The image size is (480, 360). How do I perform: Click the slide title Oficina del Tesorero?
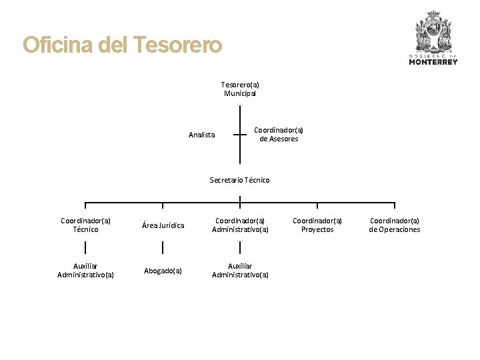[122, 45]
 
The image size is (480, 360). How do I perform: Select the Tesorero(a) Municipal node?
[240, 89]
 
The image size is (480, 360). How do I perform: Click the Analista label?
[201, 135]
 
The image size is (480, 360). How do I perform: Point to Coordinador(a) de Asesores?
[279, 135]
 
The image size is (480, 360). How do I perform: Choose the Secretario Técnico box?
[239, 180]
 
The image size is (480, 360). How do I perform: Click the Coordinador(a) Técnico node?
[85, 225]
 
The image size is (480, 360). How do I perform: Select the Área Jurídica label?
[163, 225]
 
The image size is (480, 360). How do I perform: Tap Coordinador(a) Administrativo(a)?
[240, 225]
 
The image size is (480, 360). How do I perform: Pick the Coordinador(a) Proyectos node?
[317, 225]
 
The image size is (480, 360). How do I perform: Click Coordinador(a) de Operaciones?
[395, 225]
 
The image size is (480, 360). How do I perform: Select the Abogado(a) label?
[163, 271]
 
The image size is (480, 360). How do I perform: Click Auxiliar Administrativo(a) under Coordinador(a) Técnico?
[85, 270]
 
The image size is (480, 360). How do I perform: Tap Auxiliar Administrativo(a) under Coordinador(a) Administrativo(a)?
[240, 270]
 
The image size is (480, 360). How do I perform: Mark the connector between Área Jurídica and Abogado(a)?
[163, 248]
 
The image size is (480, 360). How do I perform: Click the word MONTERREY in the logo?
[433, 62]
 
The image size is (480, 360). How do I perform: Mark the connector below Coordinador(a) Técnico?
[85, 248]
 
